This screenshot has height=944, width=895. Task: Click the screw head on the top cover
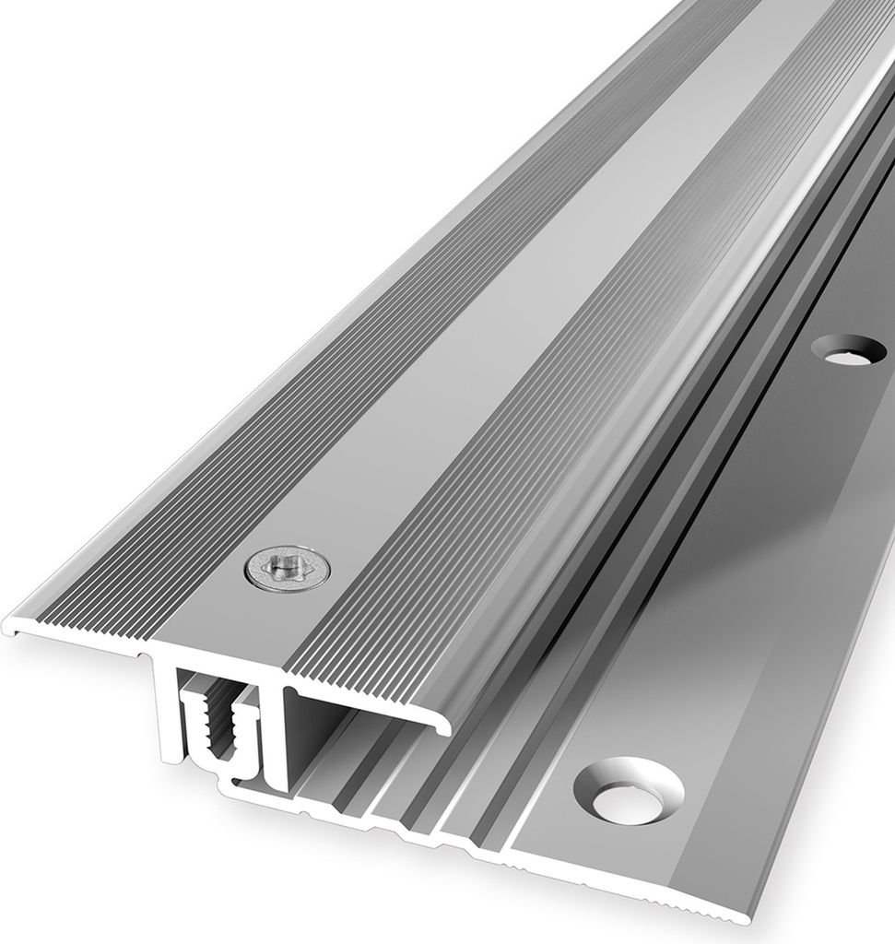(x=289, y=569)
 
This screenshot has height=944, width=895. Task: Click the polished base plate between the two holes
(x=756, y=553)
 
